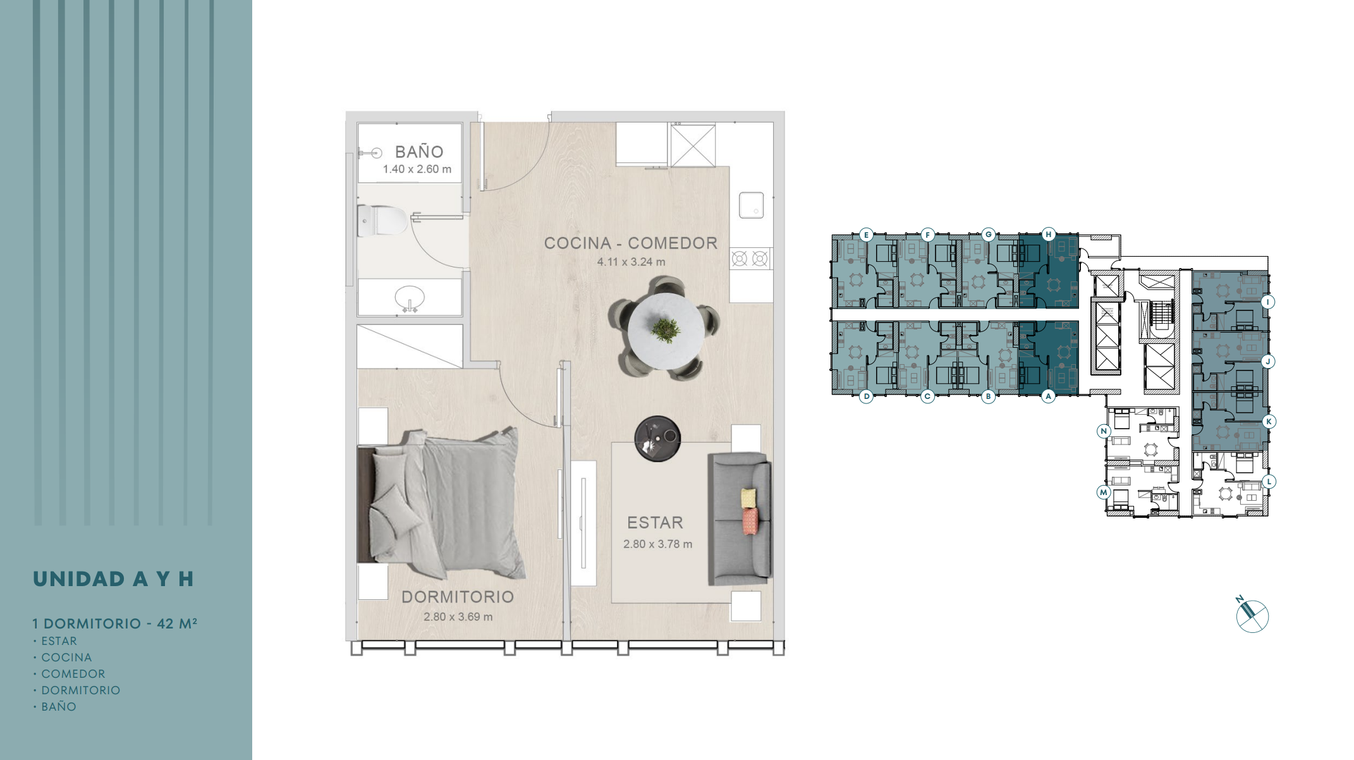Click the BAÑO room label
419,152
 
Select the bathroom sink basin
410,297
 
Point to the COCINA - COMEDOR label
631,243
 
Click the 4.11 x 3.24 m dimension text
631,262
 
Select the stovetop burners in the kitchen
750,259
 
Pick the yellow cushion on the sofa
748,498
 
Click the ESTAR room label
656,523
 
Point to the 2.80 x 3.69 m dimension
458,616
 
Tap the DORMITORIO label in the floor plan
458,597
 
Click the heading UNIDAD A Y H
113,579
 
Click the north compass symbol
1252,615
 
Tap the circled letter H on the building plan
1048,235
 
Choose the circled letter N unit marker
1104,431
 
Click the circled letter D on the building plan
867,396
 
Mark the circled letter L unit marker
1268,481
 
